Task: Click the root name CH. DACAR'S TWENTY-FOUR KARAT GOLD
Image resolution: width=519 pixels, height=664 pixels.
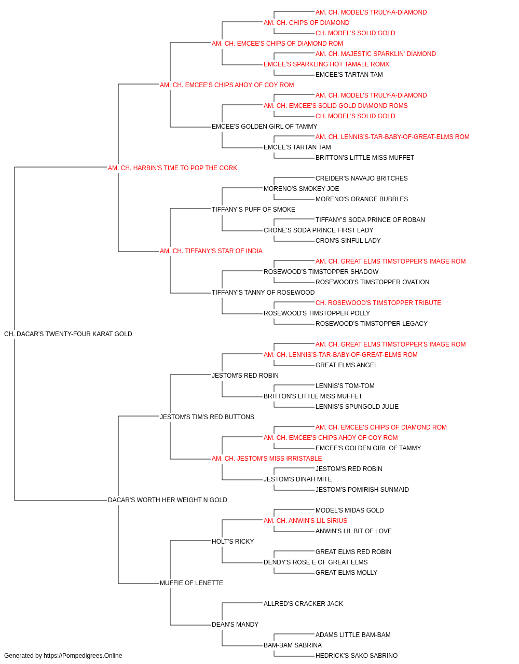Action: [x=68, y=334]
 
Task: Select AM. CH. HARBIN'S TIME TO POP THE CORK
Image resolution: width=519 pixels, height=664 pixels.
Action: [x=172, y=168]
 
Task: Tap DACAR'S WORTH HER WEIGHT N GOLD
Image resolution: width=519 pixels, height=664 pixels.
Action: [x=168, y=500]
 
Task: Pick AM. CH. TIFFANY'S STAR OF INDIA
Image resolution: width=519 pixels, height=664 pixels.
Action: [x=211, y=251]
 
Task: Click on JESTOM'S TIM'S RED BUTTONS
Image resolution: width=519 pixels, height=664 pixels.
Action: [x=207, y=417]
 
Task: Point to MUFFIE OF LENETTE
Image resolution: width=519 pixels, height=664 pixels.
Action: [x=192, y=583]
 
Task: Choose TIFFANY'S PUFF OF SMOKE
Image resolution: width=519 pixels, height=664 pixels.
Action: [x=253, y=209]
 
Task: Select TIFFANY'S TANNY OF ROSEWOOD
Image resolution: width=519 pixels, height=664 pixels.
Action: [x=263, y=293]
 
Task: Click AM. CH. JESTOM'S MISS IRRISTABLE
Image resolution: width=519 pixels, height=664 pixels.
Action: [x=267, y=459]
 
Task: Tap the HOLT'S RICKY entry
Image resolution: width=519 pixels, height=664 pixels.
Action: [x=233, y=542]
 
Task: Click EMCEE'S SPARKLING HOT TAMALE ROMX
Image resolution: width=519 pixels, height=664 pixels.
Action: [x=326, y=64]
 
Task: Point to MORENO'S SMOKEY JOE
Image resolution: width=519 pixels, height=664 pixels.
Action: [x=301, y=188]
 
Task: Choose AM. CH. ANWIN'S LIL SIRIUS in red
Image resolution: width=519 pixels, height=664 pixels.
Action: [x=305, y=521]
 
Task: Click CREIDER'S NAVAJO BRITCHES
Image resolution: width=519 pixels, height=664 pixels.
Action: [x=362, y=178]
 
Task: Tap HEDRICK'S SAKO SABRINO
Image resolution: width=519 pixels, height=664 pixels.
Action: [x=357, y=656]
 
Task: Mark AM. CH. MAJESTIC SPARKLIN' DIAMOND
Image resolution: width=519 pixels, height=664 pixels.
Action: [x=376, y=54]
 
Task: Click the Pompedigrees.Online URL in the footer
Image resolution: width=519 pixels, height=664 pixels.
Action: [x=83, y=656]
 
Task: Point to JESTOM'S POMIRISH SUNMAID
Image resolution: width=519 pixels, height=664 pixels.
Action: [x=362, y=490]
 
